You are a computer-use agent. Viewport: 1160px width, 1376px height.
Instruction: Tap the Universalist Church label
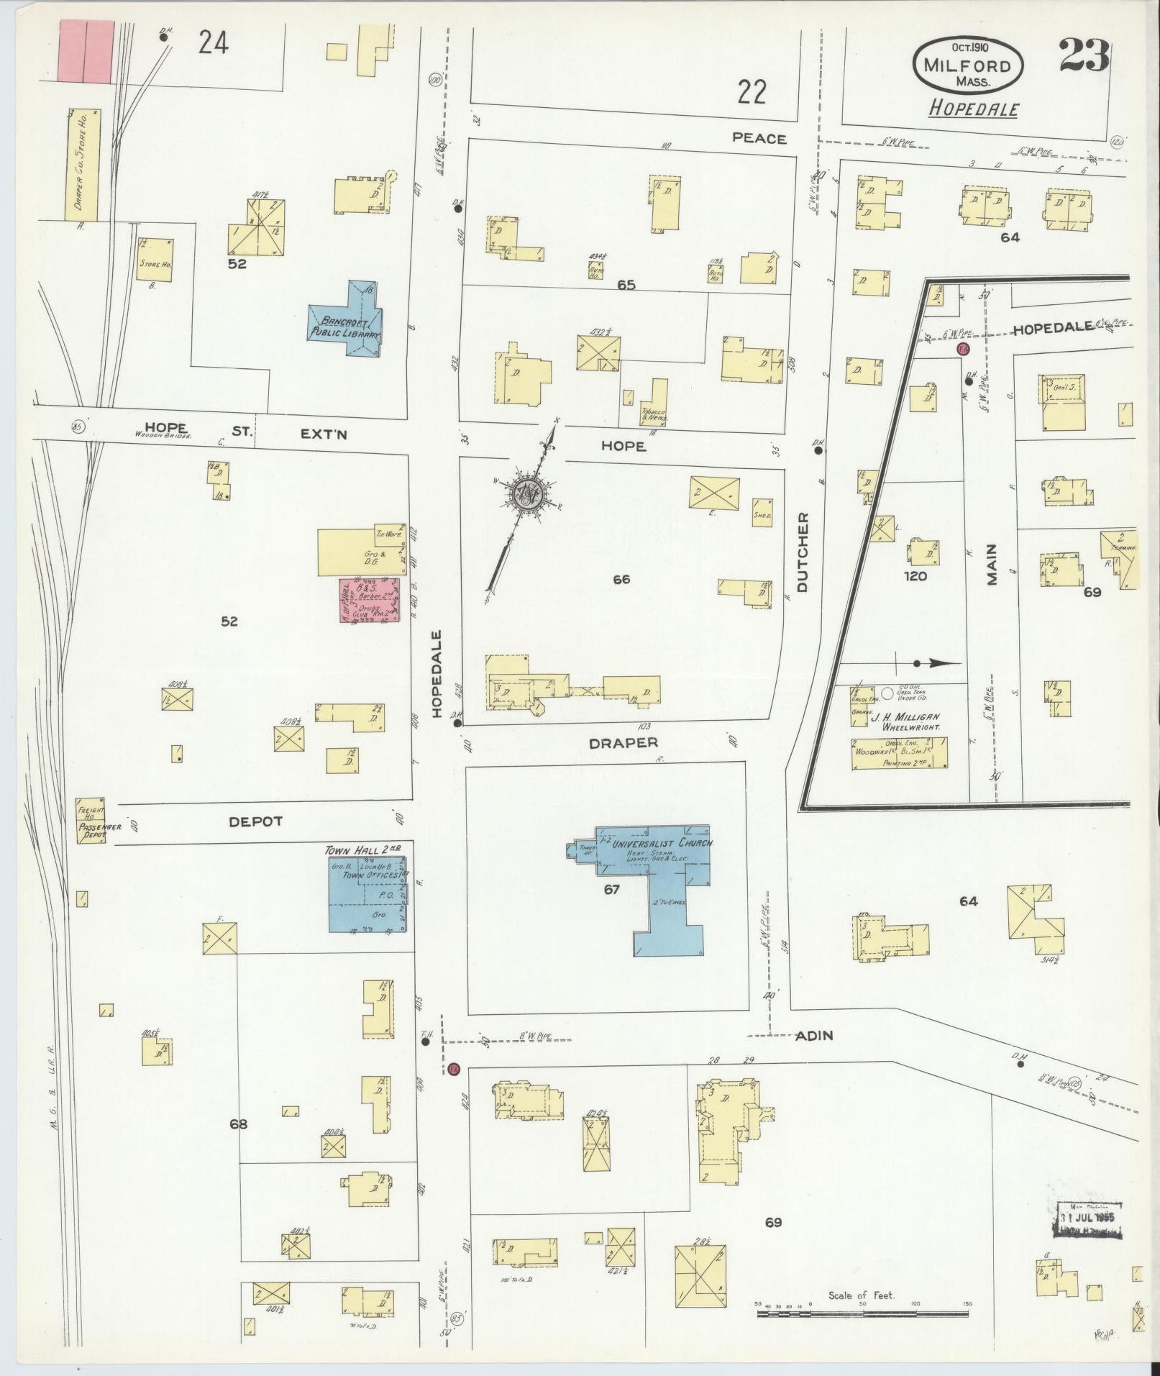click(662, 843)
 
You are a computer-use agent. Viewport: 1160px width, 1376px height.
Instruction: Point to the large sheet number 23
click(1084, 57)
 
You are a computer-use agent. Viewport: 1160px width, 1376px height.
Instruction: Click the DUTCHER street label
click(803, 552)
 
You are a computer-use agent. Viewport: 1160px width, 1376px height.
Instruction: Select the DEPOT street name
click(256, 821)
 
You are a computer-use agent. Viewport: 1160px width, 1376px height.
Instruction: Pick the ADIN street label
click(814, 1036)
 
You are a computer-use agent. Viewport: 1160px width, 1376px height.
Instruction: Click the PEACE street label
click(759, 138)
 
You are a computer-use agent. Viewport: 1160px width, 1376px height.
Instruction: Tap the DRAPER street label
click(624, 743)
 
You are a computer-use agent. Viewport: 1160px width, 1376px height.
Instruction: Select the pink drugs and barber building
click(370, 599)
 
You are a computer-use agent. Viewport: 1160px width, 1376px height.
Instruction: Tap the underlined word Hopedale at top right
click(973, 109)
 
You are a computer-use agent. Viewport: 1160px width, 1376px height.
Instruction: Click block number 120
click(915, 575)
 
